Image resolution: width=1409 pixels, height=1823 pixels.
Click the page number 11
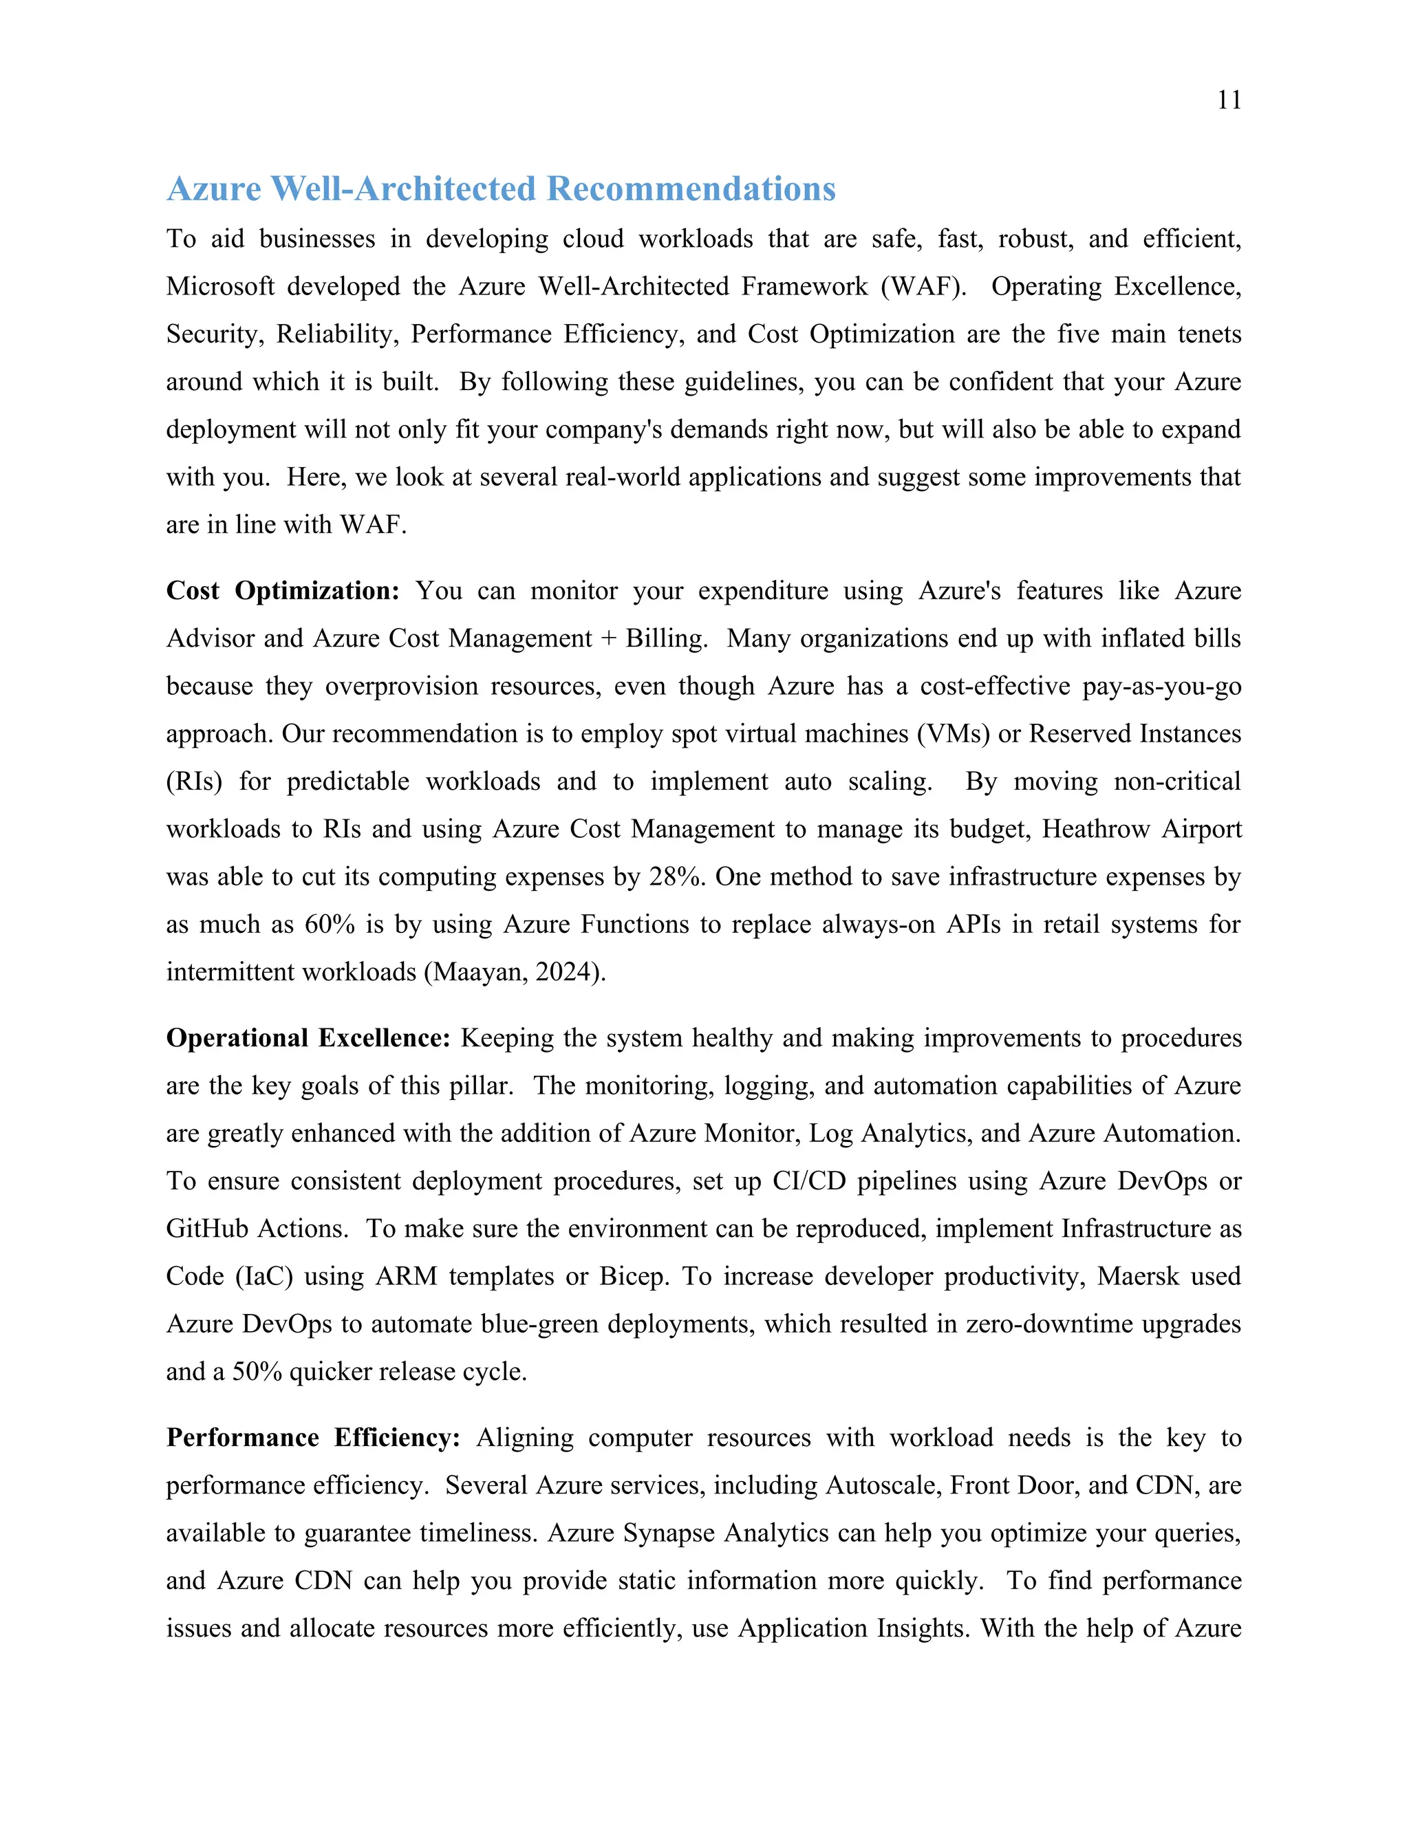click(1229, 100)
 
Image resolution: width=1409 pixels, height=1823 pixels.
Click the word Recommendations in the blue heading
click(691, 188)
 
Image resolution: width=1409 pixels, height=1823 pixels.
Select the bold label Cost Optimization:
click(283, 591)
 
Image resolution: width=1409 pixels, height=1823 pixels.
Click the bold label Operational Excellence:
click(308, 1038)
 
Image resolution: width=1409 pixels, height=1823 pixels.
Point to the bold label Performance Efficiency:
click(313, 1438)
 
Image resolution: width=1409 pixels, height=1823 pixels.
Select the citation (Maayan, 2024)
click(515, 973)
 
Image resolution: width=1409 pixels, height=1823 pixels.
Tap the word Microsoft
click(219, 286)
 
